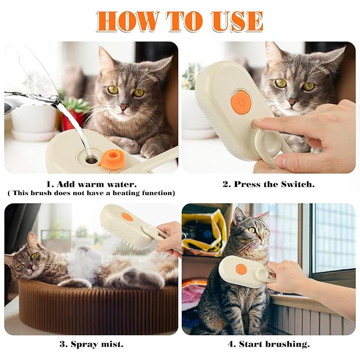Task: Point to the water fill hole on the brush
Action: pyautogui.click(x=88, y=157)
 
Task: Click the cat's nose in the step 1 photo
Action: pyautogui.click(x=124, y=107)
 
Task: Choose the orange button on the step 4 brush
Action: pyautogui.click(x=241, y=269)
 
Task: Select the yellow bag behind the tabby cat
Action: pyautogui.click(x=205, y=233)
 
